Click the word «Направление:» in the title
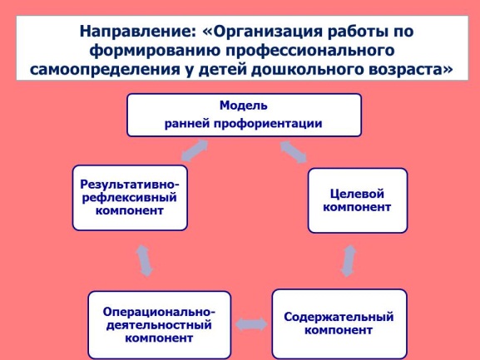coord(138,32)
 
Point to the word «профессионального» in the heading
coord(310,51)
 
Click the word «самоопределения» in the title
coord(105,70)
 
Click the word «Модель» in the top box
coord(244,106)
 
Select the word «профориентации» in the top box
coord(268,124)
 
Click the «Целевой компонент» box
coord(358,200)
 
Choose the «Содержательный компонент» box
coord(339,323)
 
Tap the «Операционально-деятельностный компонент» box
coord(159,325)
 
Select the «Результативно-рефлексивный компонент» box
coord(130,198)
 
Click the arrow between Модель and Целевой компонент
coord(294,151)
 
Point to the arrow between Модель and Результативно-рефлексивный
coord(195,150)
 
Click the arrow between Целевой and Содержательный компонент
coord(349,260)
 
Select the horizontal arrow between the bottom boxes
coord(251,324)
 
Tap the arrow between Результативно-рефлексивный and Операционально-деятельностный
coord(144,260)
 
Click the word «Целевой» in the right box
coord(357,194)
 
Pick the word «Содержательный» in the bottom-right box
coord(339,317)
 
